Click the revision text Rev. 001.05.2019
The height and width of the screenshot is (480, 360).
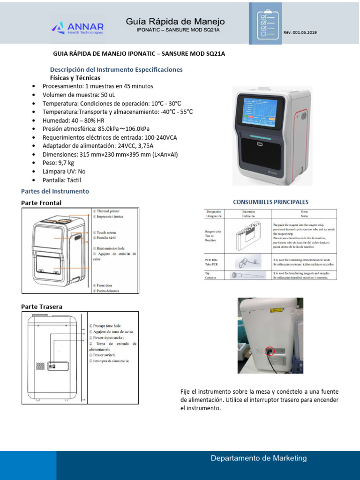[300, 32]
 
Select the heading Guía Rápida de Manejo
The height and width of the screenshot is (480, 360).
[175, 22]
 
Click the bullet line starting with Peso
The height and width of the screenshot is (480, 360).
[58, 163]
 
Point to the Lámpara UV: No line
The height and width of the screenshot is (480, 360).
[64, 172]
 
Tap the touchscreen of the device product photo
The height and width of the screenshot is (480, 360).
[260, 113]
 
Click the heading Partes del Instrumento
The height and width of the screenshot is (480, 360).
[55, 191]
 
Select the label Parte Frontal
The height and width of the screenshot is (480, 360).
[41, 202]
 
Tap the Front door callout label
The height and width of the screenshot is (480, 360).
[107, 285]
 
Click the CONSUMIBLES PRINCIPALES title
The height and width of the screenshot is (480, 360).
[270, 202]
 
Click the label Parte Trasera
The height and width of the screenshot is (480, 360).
[41, 307]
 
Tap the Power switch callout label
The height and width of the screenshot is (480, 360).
[103, 355]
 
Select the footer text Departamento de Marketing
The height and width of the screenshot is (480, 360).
[258, 458]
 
